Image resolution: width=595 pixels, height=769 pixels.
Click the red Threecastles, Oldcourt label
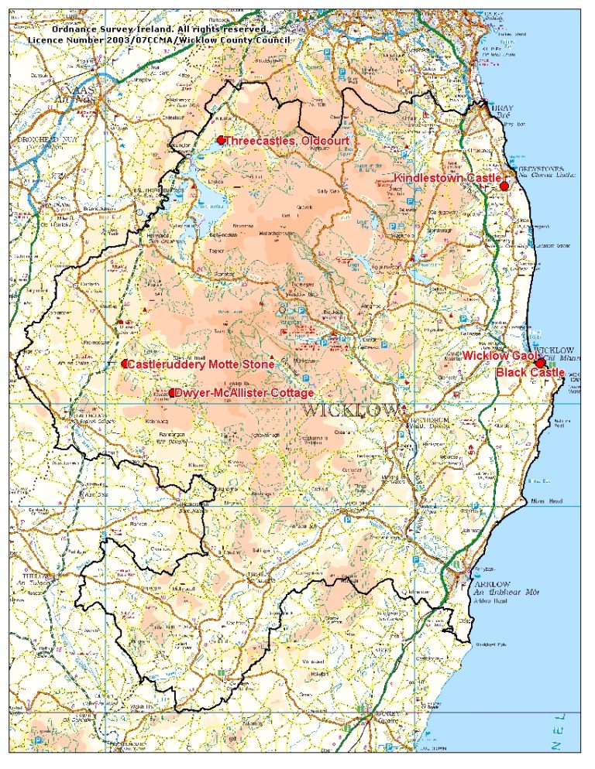tap(287, 141)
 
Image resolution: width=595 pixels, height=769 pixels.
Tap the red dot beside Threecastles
tap(221, 140)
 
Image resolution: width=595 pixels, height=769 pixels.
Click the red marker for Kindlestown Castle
tap(504, 186)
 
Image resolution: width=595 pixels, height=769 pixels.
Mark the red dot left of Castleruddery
tap(124, 364)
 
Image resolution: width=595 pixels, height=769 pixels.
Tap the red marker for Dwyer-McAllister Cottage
tap(172, 393)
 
